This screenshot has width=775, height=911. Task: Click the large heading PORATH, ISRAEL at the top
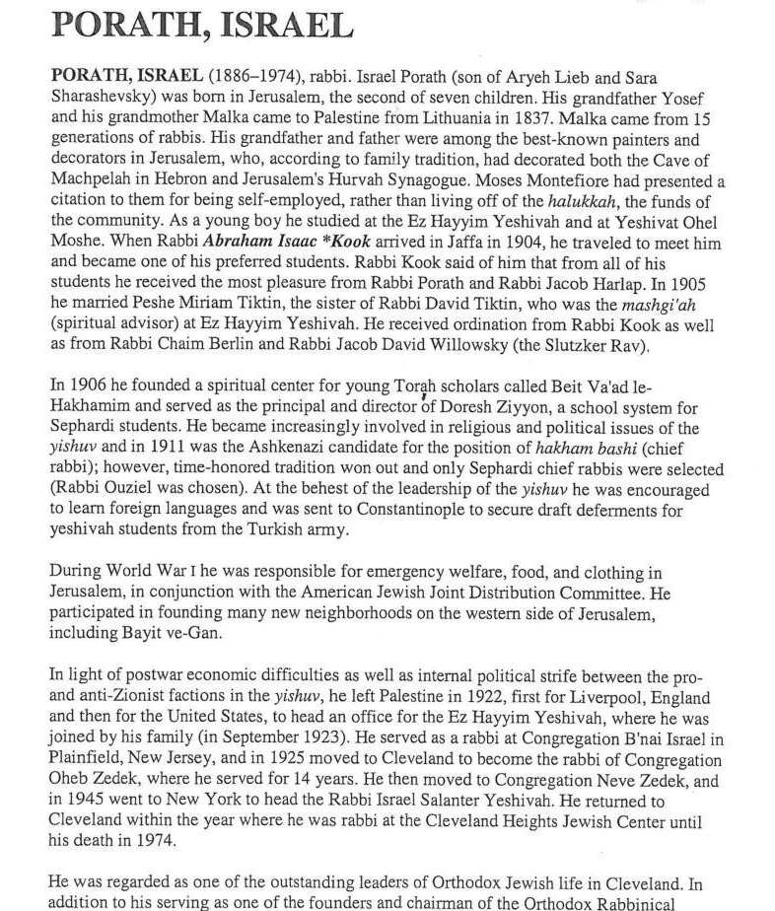[201, 23]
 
